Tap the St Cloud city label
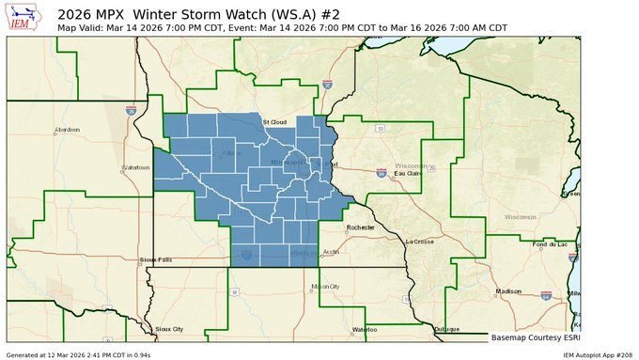pyautogui.click(x=273, y=121)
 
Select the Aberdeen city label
pyautogui.click(x=68, y=129)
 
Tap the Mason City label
pyautogui.click(x=325, y=286)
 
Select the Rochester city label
pyautogui.click(x=360, y=227)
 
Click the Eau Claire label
pyautogui.click(x=407, y=173)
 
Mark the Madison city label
pyautogui.click(x=508, y=290)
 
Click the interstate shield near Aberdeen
pyautogui.click(x=131, y=110)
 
